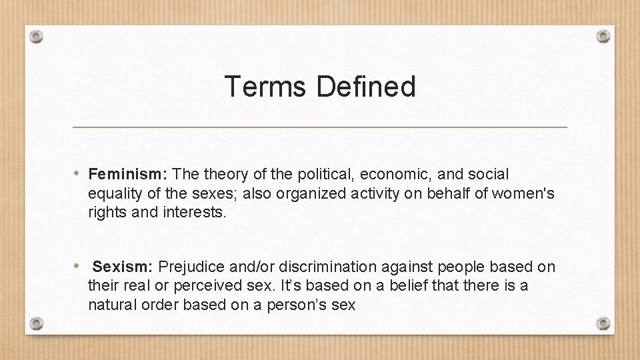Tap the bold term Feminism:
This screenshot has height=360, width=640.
[x=128, y=175]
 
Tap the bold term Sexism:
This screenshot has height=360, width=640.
[x=123, y=267]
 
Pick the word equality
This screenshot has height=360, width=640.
[x=113, y=194]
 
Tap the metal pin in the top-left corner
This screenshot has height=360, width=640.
[x=37, y=36]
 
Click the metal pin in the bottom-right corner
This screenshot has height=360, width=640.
[x=603, y=323]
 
